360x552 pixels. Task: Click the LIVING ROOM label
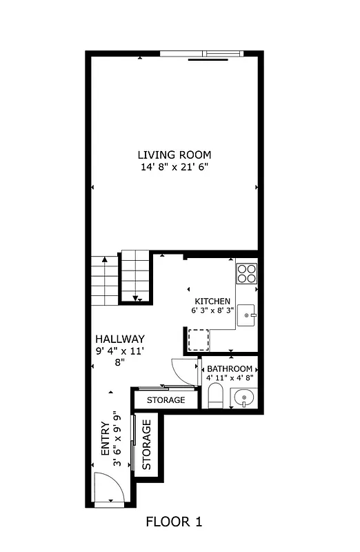pyautogui.click(x=174, y=155)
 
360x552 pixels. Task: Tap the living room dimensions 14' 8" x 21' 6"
pyautogui.click(x=174, y=166)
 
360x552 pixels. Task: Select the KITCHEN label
pyautogui.click(x=212, y=302)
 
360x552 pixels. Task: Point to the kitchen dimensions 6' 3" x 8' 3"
pyautogui.click(x=213, y=311)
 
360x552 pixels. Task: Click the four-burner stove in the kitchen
pyautogui.click(x=247, y=274)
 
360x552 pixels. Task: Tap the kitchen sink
pyautogui.click(x=246, y=316)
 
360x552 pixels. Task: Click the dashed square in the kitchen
pyautogui.click(x=199, y=340)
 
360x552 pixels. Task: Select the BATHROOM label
pyautogui.click(x=230, y=369)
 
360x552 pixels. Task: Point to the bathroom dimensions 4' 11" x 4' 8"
pyautogui.click(x=230, y=378)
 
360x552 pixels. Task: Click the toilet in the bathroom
pyautogui.click(x=215, y=396)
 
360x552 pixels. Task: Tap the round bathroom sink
pyautogui.click(x=243, y=397)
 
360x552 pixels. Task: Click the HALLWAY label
pyautogui.click(x=120, y=339)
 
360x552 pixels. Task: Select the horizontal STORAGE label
pyautogui.click(x=166, y=400)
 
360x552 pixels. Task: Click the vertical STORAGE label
pyautogui.click(x=147, y=445)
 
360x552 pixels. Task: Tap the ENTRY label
pyautogui.click(x=104, y=439)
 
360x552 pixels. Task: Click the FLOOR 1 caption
pyautogui.click(x=174, y=522)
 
